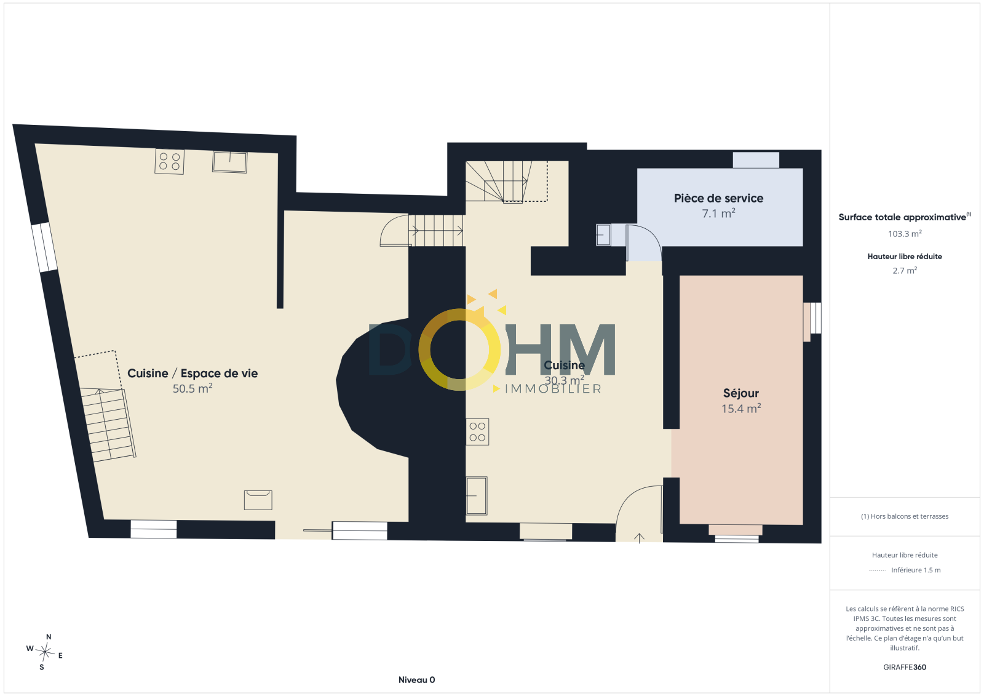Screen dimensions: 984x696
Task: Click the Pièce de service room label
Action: click(719, 198)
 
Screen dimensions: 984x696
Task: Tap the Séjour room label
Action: click(741, 393)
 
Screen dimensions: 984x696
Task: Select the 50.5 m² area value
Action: click(192, 388)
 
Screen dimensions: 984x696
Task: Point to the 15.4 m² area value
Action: click(741, 408)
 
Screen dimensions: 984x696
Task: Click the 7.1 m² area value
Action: click(719, 214)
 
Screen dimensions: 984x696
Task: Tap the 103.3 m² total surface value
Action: click(905, 233)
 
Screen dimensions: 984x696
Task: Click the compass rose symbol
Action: click(45, 652)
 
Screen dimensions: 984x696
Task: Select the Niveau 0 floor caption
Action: click(416, 680)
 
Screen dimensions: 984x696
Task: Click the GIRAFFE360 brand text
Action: click(905, 667)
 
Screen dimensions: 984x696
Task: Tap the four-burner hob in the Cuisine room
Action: click(477, 432)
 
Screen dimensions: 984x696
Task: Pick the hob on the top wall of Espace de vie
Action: click(169, 162)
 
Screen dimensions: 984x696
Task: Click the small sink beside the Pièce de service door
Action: click(603, 235)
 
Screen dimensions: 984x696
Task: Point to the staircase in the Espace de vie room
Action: click(108, 424)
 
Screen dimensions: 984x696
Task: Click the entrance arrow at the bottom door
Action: click(639, 538)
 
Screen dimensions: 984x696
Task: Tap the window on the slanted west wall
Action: click(44, 247)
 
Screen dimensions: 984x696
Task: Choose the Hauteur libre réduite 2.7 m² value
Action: click(905, 270)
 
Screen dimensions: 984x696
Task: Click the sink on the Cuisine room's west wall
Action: click(477, 495)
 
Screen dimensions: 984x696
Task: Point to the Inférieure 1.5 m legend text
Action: click(916, 570)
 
